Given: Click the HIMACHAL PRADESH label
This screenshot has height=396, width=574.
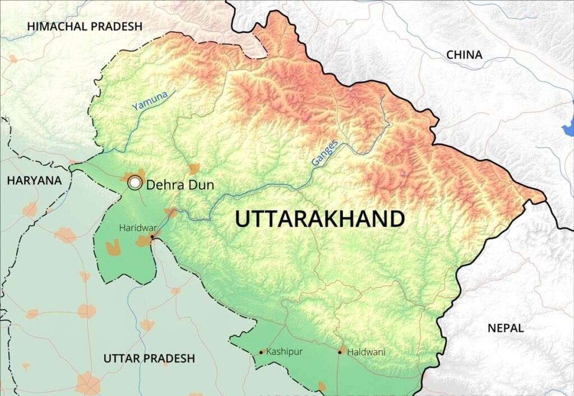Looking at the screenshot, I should [85, 26].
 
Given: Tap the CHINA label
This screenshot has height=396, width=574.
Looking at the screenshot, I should [464, 55].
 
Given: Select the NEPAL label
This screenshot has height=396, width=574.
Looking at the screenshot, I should [504, 328].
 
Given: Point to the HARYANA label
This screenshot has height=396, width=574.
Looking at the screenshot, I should [34, 180].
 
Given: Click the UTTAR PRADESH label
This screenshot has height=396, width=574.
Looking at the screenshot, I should [149, 358].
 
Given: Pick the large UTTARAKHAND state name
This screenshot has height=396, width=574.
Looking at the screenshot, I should [320, 219].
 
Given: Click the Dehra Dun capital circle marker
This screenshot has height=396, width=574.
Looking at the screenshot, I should [135, 183].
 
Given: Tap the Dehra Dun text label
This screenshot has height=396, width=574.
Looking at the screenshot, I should [180, 184].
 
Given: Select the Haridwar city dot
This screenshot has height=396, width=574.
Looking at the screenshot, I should [152, 237].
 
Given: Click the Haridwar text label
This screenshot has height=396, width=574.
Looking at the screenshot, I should [135, 228].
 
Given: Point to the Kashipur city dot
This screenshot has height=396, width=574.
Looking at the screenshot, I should [261, 352].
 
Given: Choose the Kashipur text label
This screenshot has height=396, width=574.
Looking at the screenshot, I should [284, 352].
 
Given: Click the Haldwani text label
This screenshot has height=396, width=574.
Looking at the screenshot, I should [366, 352].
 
